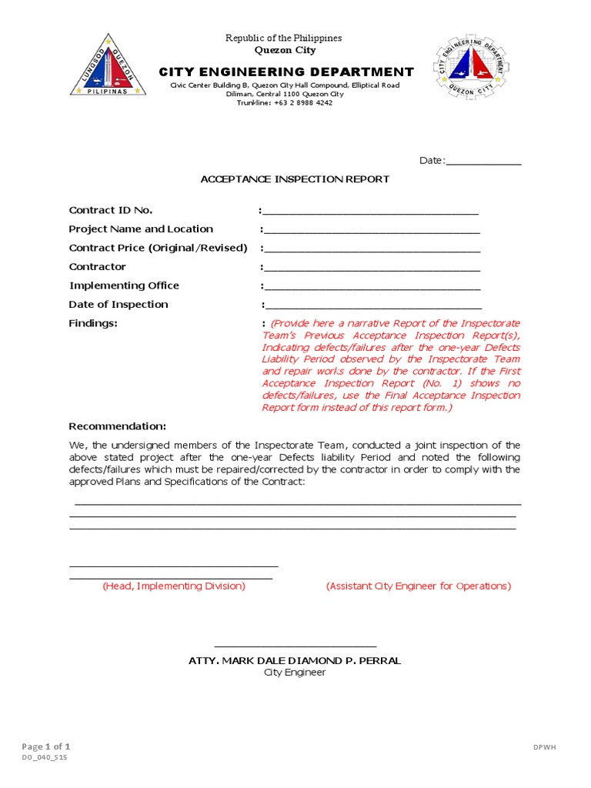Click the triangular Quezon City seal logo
(x=108, y=67)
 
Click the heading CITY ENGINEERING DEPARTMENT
(x=285, y=72)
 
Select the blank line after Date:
(x=483, y=162)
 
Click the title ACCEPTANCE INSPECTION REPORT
(x=295, y=179)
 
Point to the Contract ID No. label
(x=111, y=210)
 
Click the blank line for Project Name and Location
(x=372, y=229)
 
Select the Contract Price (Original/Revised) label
(x=159, y=248)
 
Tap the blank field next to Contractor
(x=372, y=267)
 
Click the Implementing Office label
(x=124, y=285)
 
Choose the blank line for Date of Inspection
(x=372, y=305)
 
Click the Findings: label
(x=93, y=323)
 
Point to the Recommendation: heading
(x=117, y=426)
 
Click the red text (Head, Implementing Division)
(x=174, y=586)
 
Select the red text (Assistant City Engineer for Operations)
(x=419, y=586)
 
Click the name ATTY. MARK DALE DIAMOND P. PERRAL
(x=295, y=661)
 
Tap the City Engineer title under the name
(x=295, y=673)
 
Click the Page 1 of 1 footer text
(x=46, y=746)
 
